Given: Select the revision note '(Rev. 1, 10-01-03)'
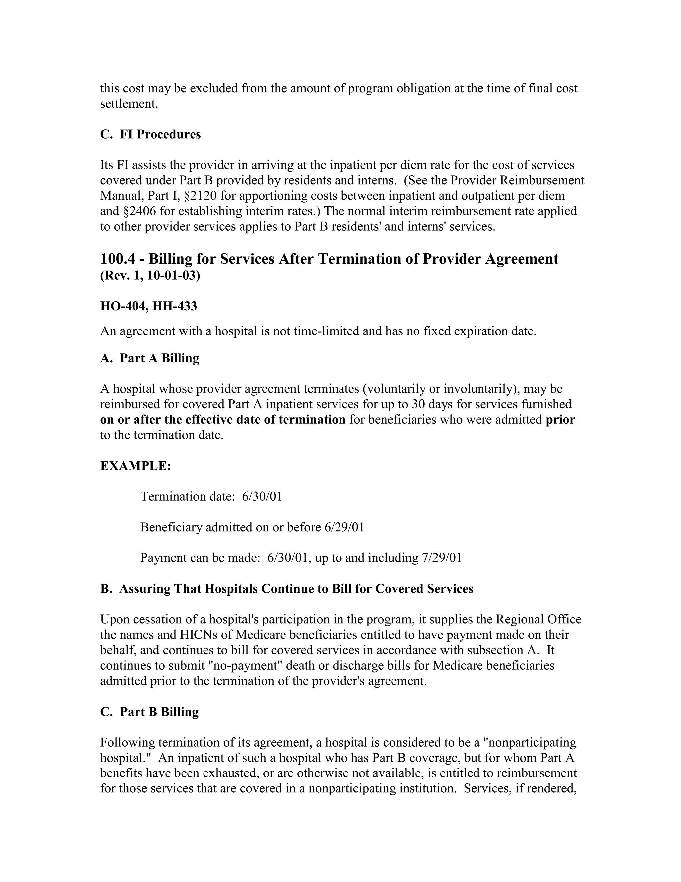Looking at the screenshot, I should (150, 276).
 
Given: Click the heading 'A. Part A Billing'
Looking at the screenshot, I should (150, 358).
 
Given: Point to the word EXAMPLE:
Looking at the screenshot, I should (136, 466).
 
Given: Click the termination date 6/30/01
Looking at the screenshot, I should (262, 496).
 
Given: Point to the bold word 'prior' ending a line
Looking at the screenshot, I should (560, 420).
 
